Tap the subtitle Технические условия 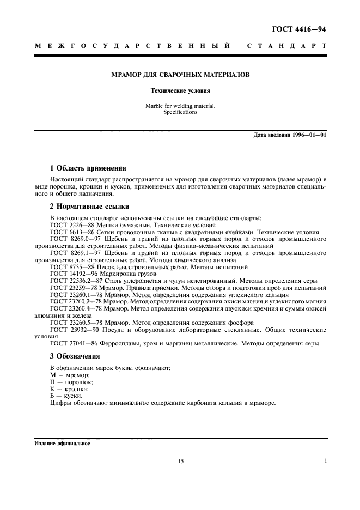point(180,91)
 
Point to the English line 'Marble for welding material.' point(180,106)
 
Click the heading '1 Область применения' point(88,169)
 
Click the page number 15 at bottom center point(180,462)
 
